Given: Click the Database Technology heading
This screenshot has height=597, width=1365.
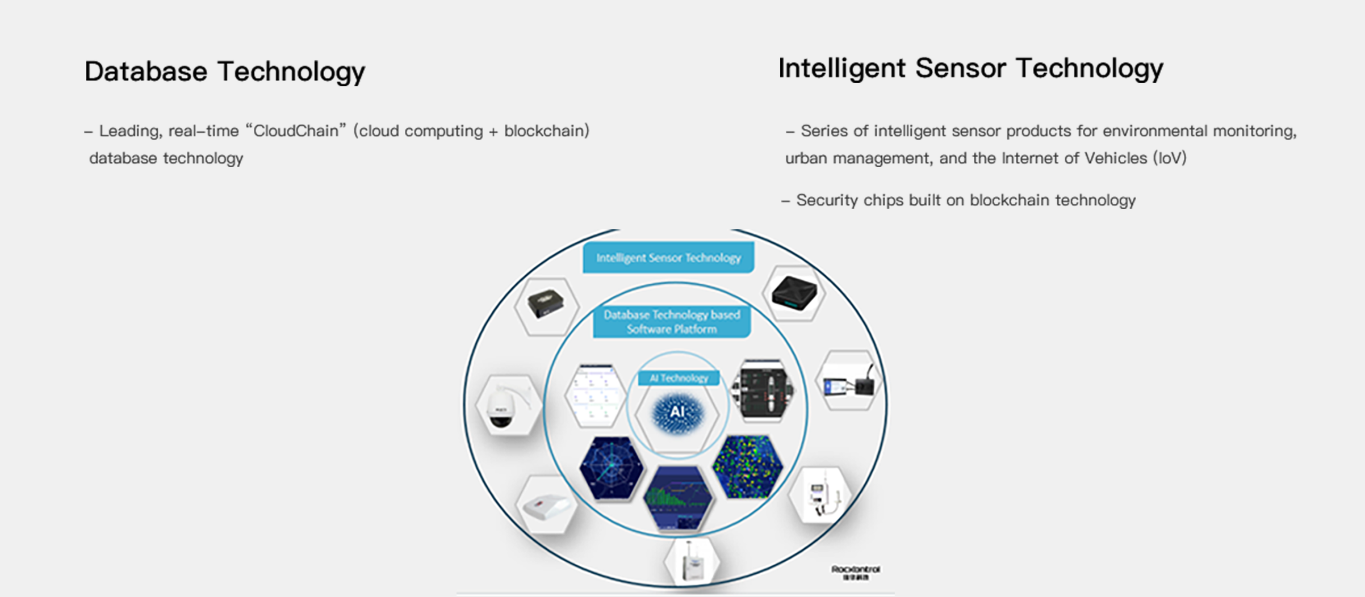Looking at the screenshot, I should click(224, 72).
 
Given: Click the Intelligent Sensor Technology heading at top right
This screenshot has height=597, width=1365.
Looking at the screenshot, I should click(970, 69).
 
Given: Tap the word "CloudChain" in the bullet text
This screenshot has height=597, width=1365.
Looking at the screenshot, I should click(295, 131).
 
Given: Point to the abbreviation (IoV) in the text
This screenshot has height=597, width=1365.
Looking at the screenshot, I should click(1170, 158).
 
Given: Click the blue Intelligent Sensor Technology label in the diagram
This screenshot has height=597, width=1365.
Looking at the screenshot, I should click(668, 258).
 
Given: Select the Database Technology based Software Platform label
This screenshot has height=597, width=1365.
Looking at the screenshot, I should click(672, 322).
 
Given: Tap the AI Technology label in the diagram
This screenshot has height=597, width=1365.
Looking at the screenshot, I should click(679, 378).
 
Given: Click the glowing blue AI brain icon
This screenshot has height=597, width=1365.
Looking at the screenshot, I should click(677, 413).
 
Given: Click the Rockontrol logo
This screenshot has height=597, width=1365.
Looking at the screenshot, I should click(855, 571).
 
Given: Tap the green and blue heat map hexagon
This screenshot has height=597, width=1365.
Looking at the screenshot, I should click(747, 466).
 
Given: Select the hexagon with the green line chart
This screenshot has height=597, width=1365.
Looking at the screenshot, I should click(678, 498).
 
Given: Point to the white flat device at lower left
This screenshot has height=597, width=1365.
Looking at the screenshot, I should click(546, 506).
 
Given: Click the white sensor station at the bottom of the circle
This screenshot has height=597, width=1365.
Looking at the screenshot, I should click(692, 562).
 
